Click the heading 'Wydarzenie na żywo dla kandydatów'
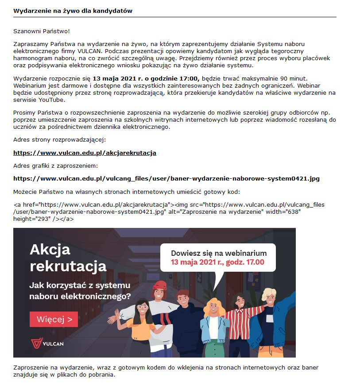click(73, 11)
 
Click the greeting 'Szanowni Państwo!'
click(42, 31)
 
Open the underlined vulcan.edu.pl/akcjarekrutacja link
click(85, 153)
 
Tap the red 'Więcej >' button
click(54, 319)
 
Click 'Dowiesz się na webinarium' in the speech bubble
click(219, 253)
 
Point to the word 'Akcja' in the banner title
click(50, 250)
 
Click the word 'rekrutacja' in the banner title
click(68, 266)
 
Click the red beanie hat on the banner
click(159, 285)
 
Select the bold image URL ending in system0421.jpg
click(166, 179)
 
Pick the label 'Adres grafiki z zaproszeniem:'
click(55, 166)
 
